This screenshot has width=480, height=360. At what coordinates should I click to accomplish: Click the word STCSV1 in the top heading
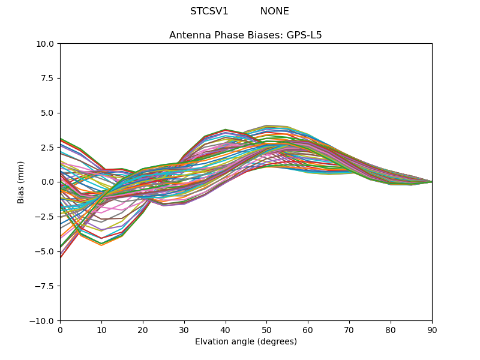[x=209, y=11]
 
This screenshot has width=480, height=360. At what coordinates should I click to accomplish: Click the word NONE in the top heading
[x=274, y=11]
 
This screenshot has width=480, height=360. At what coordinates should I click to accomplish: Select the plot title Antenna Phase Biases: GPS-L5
[x=245, y=35]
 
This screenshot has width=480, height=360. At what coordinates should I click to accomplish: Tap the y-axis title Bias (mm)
[x=22, y=182]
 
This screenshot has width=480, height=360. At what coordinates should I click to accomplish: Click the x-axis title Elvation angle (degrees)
[x=245, y=342]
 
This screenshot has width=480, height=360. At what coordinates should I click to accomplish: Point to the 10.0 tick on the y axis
[x=46, y=44]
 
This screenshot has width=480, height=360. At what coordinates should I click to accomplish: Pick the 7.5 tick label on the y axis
[x=48, y=79]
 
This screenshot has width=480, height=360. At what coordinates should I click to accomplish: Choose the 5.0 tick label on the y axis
[x=48, y=113]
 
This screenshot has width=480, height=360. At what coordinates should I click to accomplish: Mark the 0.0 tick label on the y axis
[x=48, y=182]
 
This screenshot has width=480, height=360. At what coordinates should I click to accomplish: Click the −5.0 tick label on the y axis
[x=46, y=251]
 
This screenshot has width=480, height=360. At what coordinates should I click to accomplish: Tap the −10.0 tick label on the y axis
[x=44, y=320]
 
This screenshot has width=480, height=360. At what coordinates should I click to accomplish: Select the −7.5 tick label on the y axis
[x=46, y=286]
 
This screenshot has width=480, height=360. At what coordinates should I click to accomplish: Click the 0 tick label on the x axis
[x=60, y=329]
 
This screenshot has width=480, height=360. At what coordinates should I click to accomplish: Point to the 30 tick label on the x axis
[x=184, y=329]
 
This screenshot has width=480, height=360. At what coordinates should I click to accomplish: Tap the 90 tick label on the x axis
[x=432, y=329]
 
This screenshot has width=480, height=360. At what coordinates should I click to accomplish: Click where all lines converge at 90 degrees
[x=431, y=182]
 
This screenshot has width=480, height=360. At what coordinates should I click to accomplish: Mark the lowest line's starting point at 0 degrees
[x=61, y=257]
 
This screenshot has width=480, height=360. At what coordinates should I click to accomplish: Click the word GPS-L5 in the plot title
[x=304, y=35]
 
